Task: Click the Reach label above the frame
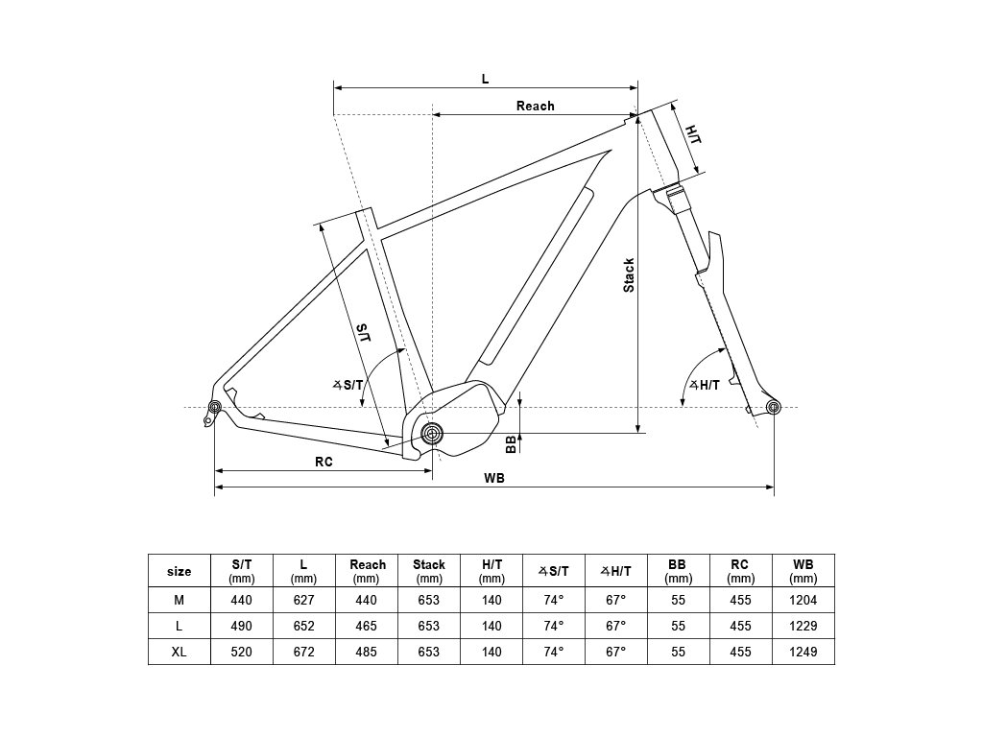535,106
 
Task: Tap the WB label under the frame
494,478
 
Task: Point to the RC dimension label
324,462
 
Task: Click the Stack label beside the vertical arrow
629,275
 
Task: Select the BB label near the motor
511,442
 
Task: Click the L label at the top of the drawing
485,79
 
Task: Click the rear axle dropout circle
215,407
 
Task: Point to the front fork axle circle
774,408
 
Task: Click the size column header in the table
180,571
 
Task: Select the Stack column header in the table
429,570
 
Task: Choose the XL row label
180,653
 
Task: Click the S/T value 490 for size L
242,626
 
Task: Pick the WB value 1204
803,600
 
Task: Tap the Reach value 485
367,653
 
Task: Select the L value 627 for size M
303,600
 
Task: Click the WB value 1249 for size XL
803,653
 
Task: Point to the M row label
180,600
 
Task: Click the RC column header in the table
740,570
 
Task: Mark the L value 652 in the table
303,626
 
